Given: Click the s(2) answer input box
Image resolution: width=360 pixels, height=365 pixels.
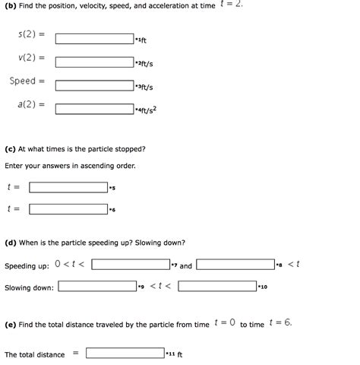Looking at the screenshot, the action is tap(94, 38).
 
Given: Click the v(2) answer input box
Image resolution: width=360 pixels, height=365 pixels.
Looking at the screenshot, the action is tap(94, 62).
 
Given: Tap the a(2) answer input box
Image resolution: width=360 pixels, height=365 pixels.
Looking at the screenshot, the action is tap(94, 109).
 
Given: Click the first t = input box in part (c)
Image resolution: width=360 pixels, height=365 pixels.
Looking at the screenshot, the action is tap(68, 187).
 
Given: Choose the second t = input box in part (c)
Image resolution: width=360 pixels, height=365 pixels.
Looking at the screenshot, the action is tap(68, 209).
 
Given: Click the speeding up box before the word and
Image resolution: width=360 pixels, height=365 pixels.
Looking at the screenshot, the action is tap(130, 265).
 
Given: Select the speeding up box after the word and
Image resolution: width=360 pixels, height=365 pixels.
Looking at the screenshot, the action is tap(235, 265).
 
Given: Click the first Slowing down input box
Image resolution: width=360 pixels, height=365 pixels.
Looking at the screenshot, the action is tap(96, 287).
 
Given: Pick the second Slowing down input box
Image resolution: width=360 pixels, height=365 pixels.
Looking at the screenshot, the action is tap(217, 287).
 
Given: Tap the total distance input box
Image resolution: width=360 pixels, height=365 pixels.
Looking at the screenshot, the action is tap(125, 353).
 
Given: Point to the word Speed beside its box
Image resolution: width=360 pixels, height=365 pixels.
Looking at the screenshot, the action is tap(23, 81).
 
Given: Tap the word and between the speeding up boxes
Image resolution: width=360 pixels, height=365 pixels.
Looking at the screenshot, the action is tap(185, 266).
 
